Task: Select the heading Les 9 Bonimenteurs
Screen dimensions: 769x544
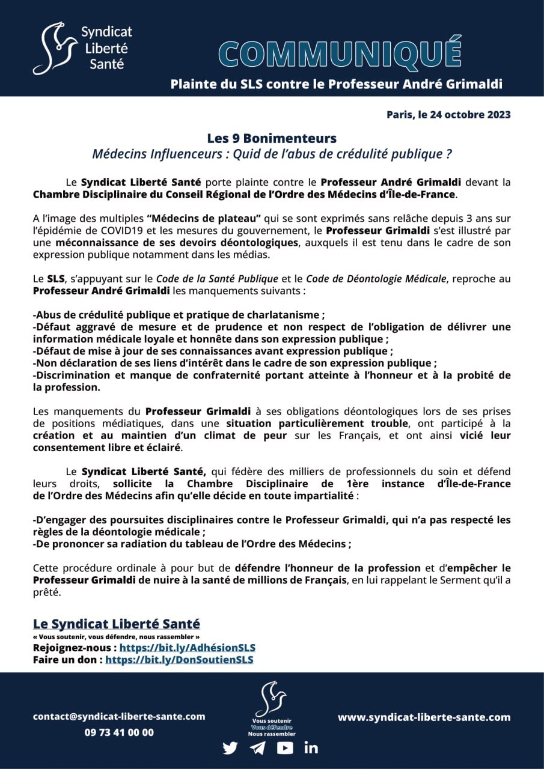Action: [x=272, y=138]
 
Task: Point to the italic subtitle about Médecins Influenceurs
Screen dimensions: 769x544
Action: [x=272, y=154]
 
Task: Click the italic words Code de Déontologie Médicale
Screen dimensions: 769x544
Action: [x=376, y=278]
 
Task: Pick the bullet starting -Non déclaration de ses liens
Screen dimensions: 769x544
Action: [x=234, y=363]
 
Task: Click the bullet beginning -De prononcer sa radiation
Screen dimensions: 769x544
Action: [x=192, y=544]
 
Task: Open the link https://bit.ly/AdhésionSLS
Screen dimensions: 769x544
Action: [x=188, y=648]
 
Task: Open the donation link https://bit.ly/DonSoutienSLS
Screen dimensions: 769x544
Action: [x=179, y=660]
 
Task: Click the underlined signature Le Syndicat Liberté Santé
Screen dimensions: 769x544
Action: [x=117, y=624]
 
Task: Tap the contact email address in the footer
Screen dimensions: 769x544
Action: [x=119, y=716]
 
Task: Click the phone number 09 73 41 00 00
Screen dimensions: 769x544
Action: [x=119, y=732]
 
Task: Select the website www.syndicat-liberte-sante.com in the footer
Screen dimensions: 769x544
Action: [x=424, y=717]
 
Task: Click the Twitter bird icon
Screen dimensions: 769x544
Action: [x=230, y=748]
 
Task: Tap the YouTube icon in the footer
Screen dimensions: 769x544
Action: [x=285, y=748]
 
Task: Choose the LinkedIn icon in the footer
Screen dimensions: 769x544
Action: [x=311, y=748]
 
